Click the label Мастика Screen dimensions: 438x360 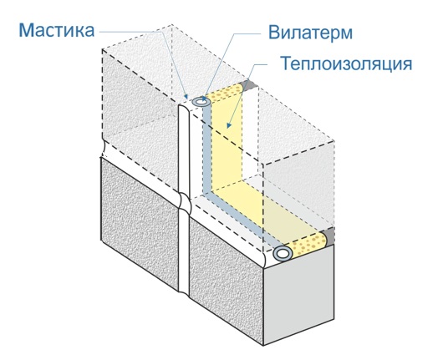coord(57,30)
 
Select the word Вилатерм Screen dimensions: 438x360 coord(310,33)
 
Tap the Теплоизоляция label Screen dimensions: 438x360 coord(346,63)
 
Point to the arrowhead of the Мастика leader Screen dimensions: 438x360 coord(186,96)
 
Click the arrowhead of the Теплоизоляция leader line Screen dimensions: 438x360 coord(229,125)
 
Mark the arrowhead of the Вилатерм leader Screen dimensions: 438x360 coord(204,99)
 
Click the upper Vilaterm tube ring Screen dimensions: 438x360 coord(201,102)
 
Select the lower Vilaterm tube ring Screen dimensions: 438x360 coord(283,253)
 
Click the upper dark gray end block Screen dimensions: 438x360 coord(249,85)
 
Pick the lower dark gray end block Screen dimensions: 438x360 coord(329,236)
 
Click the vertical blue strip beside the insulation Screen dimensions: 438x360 coord(206,148)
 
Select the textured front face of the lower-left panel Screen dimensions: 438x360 coord(139,223)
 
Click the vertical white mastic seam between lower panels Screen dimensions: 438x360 coord(185,252)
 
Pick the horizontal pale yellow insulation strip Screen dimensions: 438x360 coord(268,210)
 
